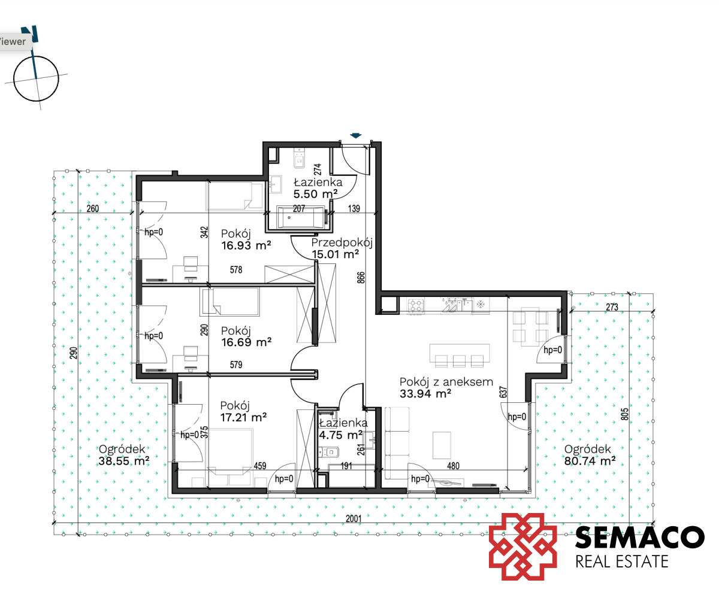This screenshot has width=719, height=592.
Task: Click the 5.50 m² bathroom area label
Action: pos(315,194)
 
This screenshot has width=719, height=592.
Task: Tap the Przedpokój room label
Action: pos(342,242)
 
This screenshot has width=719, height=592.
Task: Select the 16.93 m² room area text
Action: pos(246,245)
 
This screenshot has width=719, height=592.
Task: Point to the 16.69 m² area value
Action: pos(246,342)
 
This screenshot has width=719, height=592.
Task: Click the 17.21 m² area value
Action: pos(243,418)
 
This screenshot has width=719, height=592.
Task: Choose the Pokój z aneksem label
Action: pos(446,382)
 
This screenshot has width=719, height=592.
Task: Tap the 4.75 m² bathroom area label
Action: pos(340,435)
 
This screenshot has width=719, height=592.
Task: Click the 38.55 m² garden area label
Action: pos(124,461)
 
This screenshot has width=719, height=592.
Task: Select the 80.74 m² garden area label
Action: pos(590,461)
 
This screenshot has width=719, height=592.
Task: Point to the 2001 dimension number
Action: pos(354,518)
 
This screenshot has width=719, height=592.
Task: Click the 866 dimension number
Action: pos(361,278)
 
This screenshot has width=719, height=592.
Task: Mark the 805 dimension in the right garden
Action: pos(624,414)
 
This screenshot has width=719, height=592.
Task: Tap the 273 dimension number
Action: pos(612,307)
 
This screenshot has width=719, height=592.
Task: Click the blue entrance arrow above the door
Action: pos(356,135)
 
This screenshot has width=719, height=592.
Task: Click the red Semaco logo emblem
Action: pos(522,547)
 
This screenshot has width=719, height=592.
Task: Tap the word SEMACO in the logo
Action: pos(640,537)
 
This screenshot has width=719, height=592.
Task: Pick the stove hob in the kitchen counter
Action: pos(415,306)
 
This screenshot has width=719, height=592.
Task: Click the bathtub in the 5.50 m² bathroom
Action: pos(301,217)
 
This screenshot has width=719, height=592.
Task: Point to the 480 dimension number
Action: pos(453,466)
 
